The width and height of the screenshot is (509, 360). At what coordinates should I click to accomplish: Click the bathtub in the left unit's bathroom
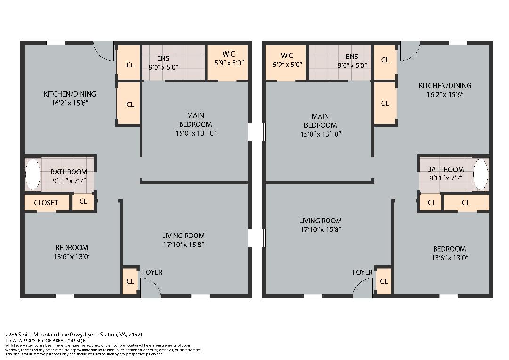click(x=33, y=174)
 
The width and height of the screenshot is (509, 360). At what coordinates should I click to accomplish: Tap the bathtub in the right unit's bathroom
click(x=480, y=174)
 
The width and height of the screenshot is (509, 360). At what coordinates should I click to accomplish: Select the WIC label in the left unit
click(x=229, y=54)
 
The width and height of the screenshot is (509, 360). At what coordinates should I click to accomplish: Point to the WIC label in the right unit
click(x=287, y=56)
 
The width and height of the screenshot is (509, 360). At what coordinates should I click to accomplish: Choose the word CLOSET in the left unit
click(x=46, y=203)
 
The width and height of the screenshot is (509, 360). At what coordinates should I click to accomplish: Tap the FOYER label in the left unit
click(x=152, y=272)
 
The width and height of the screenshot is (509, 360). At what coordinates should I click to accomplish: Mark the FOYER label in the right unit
click(x=362, y=272)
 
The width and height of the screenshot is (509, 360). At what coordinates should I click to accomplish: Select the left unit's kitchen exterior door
click(x=104, y=51)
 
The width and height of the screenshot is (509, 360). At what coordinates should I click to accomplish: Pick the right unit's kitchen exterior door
click(x=410, y=51)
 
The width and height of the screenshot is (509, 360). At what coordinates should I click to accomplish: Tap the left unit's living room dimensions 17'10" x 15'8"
click(x=183, y=245)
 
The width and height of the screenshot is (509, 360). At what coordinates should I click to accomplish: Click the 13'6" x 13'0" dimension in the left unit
click(x=72, y=257)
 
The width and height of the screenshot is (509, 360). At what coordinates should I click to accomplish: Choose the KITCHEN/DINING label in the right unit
click(x=445, y=85)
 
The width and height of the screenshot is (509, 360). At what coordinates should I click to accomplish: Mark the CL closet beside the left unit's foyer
click(x=131, y=281)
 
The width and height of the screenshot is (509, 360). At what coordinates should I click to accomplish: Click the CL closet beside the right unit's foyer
click(x=384, y=281)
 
